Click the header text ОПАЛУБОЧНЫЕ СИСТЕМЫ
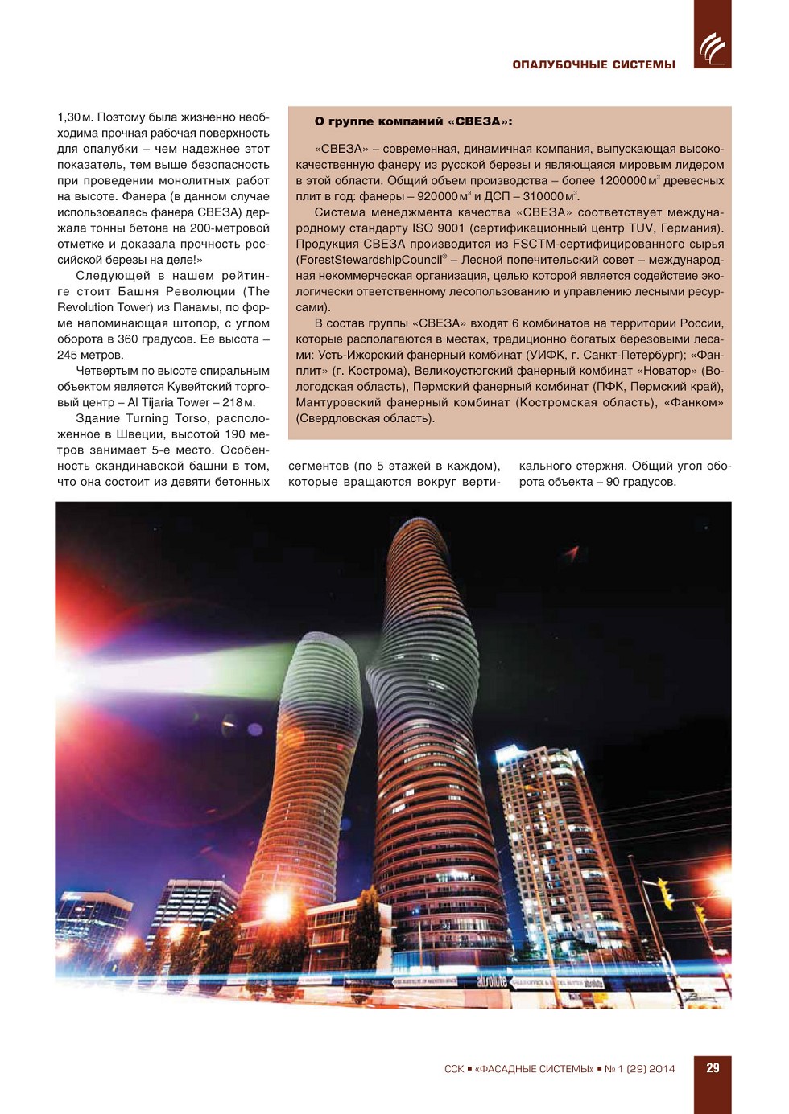[x=593, y=64]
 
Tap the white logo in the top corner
[x=713, y=48]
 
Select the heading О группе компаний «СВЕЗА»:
[x=413, y=121]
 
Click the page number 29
[x=713, y=1068]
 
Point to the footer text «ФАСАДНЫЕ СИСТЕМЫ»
[x=534, y=1069]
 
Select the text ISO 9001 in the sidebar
[x=434, y=228]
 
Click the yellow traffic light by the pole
[x=666, y=893]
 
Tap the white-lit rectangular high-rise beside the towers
[x=556, y=845]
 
